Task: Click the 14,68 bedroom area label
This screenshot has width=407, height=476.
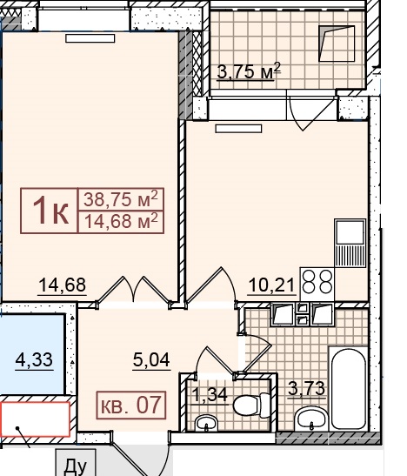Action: [63, 285]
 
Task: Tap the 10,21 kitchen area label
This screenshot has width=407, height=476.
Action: [271, 285]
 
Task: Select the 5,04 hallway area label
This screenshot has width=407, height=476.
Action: [151, 360]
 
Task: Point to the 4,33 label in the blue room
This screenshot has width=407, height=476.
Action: [34, 360]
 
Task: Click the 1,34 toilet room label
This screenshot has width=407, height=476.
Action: [210, 395]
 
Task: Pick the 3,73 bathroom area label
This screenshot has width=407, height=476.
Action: [307, 388]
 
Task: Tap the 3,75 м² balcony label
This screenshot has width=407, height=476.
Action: [249, 71]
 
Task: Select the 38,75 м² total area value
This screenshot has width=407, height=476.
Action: [121, 199]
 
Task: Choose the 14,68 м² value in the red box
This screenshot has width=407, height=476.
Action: [121, 221]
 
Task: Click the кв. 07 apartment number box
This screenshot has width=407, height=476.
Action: [131, 406]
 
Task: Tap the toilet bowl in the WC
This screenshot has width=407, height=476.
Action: [251, 406]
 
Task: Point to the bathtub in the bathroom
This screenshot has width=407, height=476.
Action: [348, 389]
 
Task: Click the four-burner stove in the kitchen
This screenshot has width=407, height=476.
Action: [317, 285]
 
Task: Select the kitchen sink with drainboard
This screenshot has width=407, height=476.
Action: [350, 243]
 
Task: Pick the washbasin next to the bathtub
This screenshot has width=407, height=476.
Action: [311, 418]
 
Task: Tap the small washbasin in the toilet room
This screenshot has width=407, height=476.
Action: [206, 423]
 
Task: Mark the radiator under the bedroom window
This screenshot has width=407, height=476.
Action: [90, 38]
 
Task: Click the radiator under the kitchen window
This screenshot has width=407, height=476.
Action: [238, 129]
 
